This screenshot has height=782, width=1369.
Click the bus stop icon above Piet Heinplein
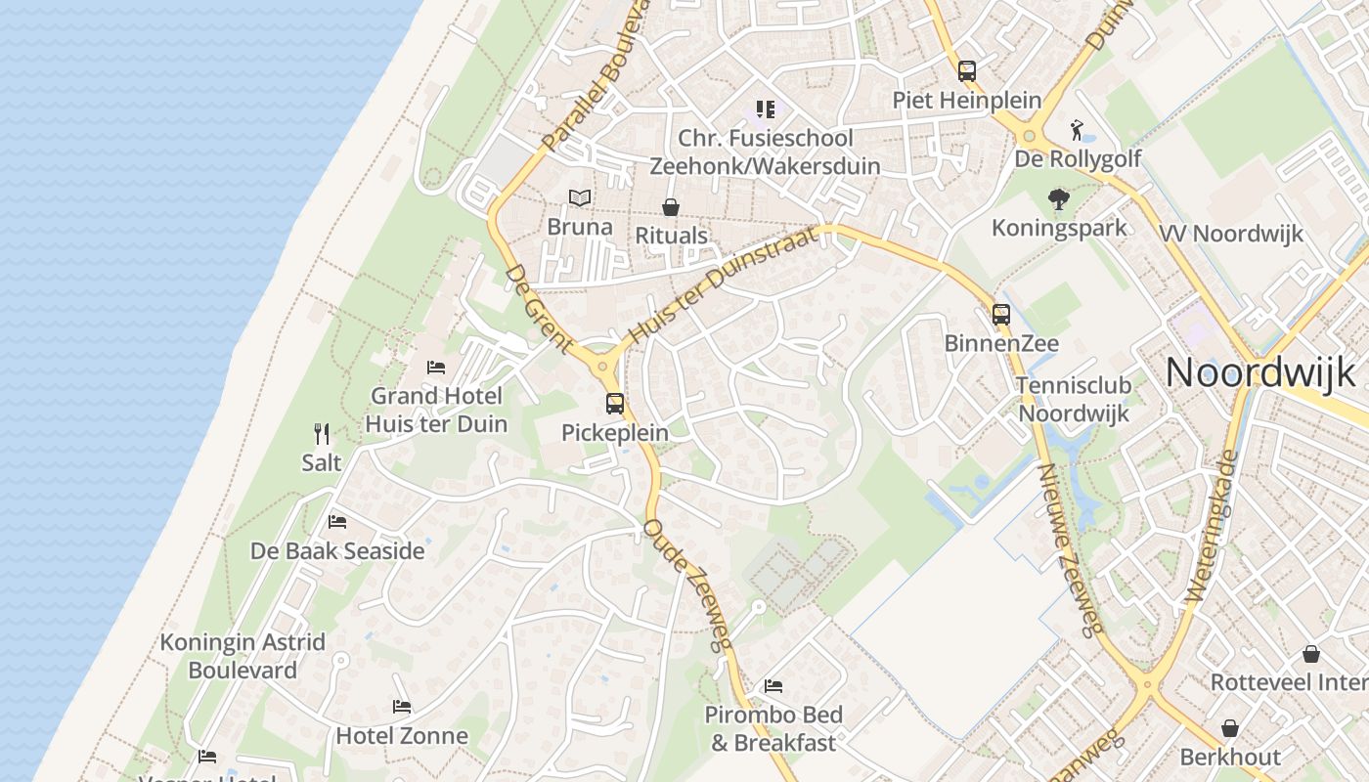pyautogui.click(x=967, y=70)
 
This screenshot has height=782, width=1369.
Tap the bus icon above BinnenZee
pyautogui.click(x=1001, y=315)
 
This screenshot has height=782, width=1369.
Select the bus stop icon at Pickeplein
pyautogui.click(x=615, y=403)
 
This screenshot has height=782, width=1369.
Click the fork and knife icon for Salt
pyautogui.click(x=322, y=433)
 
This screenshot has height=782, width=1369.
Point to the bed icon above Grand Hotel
pyautogui.click(x=436, y=368)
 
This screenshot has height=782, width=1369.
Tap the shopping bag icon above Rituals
pyautogui.click(x=671, y=207)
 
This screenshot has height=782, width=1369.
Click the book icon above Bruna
pyautogui.click(x=580, y=198)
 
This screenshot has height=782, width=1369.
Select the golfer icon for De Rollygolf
pyautogui.click(x=1078, y=129)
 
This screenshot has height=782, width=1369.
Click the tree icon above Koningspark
pyautogui.click(x=1058, y=199)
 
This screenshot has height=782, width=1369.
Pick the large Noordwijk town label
pyautogui.click(x=1260, y=372)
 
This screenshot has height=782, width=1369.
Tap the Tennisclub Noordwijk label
pyautogui.click(x=1074, y=399)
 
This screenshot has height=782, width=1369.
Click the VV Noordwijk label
pyautogui.click(x=1231, y=234)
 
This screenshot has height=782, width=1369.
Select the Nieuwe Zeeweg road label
pyautogui.click(x=1071, y=548)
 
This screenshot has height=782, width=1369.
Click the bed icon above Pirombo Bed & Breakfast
pyautogui.click(x=773, y=686)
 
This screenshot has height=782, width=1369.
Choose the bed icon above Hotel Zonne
pyautogui.click(x=402, y=707)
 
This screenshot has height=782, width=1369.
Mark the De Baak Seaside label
pyautogui.click(x=337, y=551)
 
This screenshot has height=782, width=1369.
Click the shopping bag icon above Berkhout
pyautogui.click(x=1230, y=728)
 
